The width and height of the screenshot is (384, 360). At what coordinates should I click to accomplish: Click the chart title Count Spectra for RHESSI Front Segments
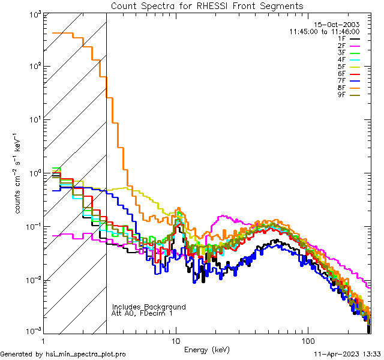(x=207, y=5)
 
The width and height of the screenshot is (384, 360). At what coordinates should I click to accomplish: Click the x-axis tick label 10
(x=176, y=340)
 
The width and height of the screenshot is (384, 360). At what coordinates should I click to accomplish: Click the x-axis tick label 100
(x=308, y=340)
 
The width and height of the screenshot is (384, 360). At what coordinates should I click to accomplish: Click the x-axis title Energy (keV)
(x=207, y=349)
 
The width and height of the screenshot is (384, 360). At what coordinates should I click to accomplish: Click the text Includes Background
(x=149, y=307)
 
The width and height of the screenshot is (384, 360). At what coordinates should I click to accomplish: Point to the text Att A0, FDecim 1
(x=142, y=313)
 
